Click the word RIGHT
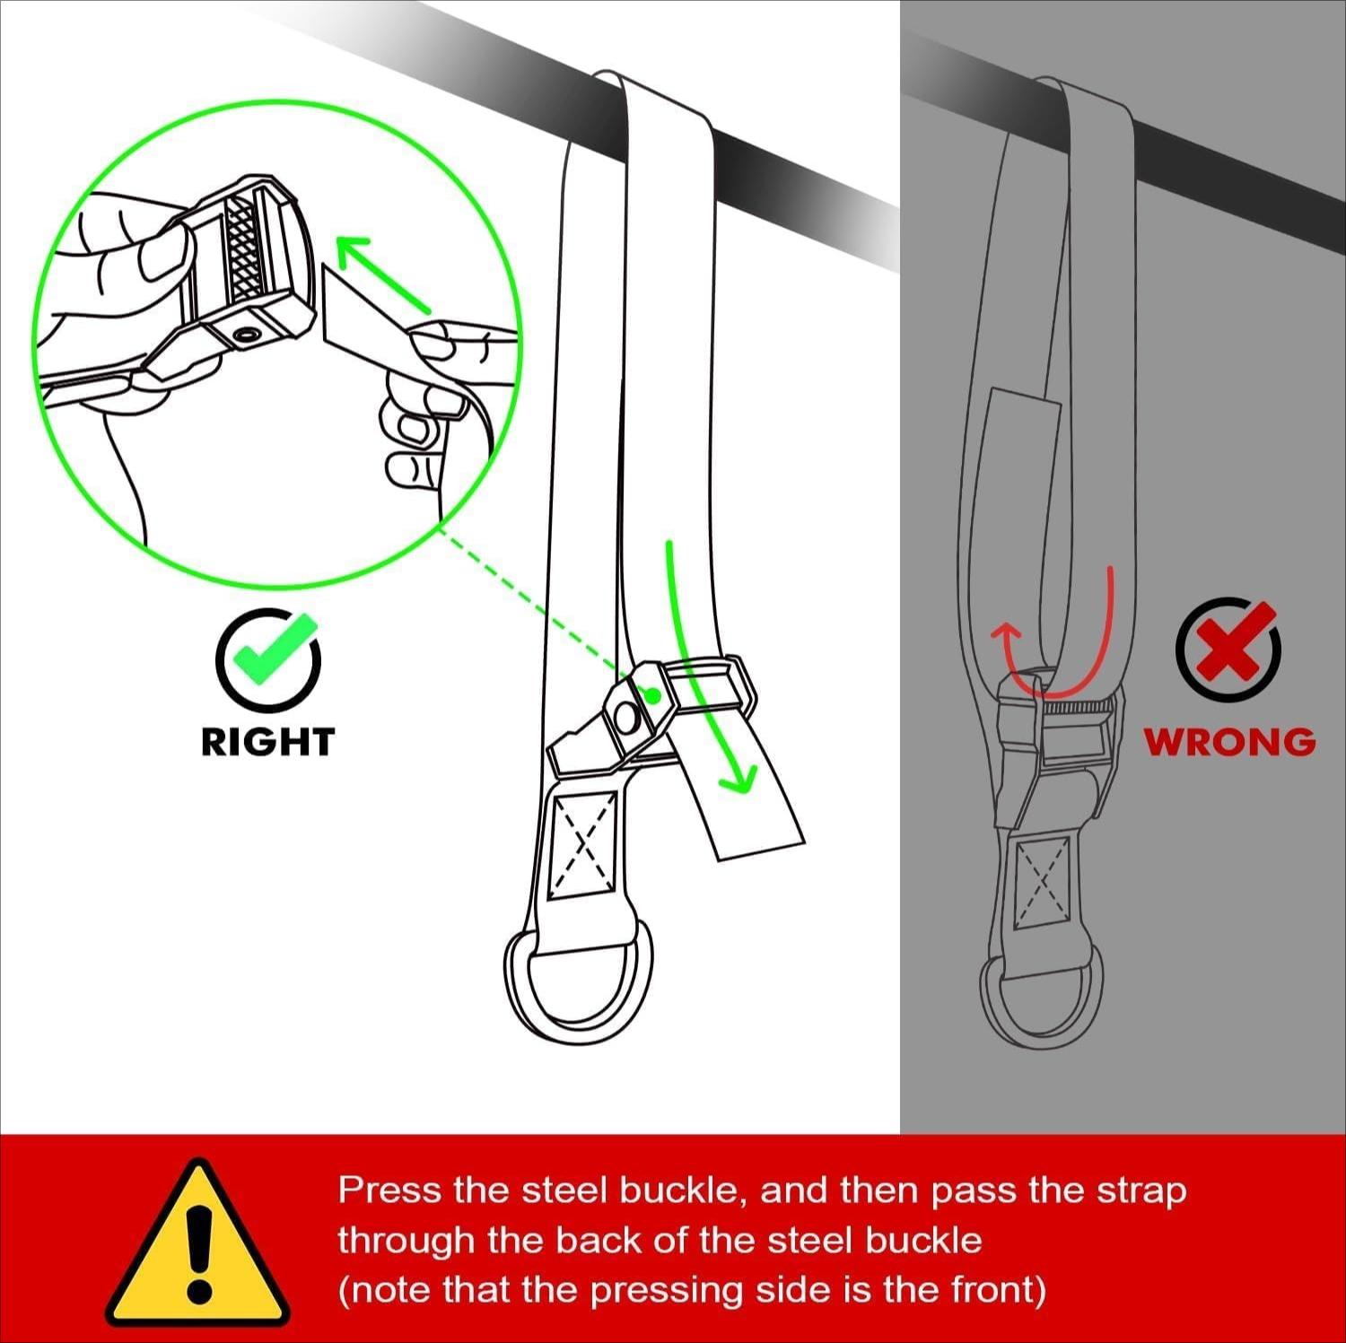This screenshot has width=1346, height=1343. [267, 742]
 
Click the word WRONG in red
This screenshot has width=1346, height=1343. [1228, 742]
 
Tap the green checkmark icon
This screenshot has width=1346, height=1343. [267, 658]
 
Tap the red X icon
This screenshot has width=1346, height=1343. [1228, 650]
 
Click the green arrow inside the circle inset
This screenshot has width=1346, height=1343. [380, 274]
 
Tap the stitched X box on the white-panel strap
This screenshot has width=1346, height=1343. [583, 843]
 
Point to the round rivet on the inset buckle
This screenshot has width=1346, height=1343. [247, 336]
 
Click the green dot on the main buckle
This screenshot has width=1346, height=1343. [653, 695]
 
